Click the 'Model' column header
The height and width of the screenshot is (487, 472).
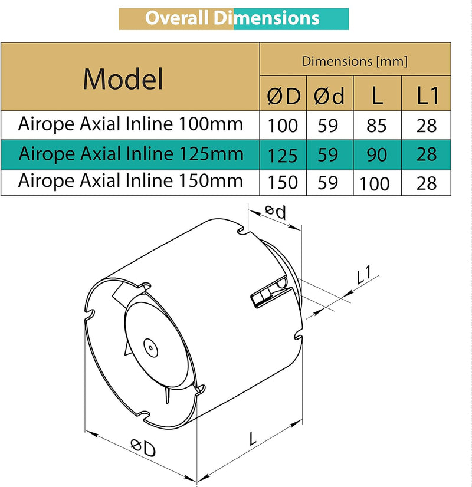pyautogui.click(x=123, y=78)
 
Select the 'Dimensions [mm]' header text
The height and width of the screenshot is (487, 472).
pyautogui.click(x=355, y=61)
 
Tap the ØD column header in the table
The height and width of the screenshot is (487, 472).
pyautogui.click(x=283, y=96)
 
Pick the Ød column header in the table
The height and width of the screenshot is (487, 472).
pyautogui.click(x=329, y=96)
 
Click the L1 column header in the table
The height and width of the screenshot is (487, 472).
pyautogui.click(x=427, y=96)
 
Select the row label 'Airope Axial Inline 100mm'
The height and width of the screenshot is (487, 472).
pyautogui.click(x=130, y=124)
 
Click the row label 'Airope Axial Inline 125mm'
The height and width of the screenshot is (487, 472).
pyautogui.click(x=130, y=154)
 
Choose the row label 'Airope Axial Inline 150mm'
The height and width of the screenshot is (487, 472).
pyautogui.click(x=130, y=180)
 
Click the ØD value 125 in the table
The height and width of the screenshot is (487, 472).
pyautogui.click(x=283, y=155)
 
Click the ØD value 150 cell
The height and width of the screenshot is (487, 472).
pyautogui.click(x=283, y=183)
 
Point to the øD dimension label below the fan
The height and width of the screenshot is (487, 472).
pyautogui.click(x=142, y=449)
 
